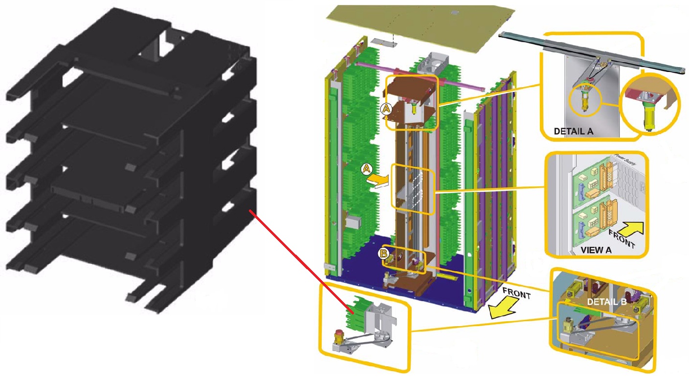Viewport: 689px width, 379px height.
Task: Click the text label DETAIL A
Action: pos(574,131)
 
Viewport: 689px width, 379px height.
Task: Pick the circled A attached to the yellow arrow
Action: pos(366,169)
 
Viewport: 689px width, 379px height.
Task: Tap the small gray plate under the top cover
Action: pos(384,42)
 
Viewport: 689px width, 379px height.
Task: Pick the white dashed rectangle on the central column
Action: pos(416,190)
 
